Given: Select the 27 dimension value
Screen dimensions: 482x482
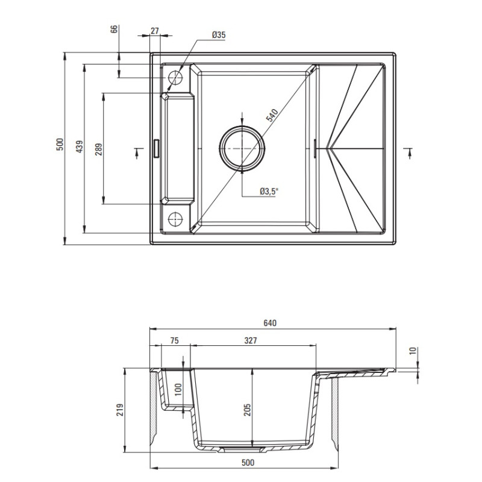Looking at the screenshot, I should click(154, 31).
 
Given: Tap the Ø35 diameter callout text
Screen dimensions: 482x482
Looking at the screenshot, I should click(218, 36).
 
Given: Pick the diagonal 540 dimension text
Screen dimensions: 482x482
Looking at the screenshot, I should click(271, 115).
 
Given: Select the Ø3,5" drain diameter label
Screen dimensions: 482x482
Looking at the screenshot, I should click(269, 191).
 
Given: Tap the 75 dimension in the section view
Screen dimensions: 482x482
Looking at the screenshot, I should click(175, 341).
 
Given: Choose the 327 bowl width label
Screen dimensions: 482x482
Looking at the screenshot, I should click(251, 341).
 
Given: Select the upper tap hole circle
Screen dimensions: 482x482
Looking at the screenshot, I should click(176, 77).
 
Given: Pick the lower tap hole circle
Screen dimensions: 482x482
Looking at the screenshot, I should click(176, 218).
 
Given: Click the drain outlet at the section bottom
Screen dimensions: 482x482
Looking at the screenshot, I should click(242, 449).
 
